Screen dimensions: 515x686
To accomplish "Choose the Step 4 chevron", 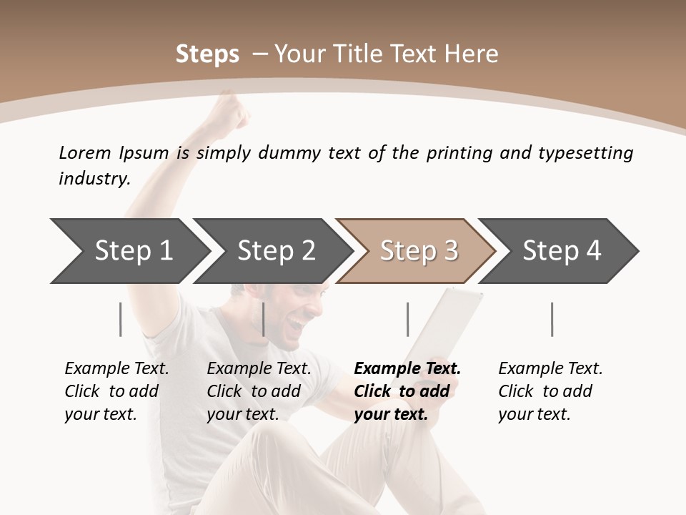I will (x=561, y=250).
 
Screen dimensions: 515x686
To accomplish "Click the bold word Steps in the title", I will (x=207, y=54).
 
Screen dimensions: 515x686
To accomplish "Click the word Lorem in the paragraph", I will (x=84, y=152).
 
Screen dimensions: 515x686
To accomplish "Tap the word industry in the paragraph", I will (x=94, y=178).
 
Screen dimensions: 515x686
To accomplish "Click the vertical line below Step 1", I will (x=120, y=319).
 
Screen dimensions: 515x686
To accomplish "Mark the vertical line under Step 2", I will (x=264, y=319).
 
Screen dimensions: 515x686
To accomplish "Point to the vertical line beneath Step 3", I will (x=407, y=319).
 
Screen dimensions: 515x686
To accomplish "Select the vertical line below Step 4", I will (x=552, y=319).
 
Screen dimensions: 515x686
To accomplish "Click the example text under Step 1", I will (x=116, y=391).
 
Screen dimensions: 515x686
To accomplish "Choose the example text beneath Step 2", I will (x=259, y=391).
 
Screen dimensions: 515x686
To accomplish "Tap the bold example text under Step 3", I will (x=407, y=391).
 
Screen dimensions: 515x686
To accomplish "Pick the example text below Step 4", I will (x=550, y=391).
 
